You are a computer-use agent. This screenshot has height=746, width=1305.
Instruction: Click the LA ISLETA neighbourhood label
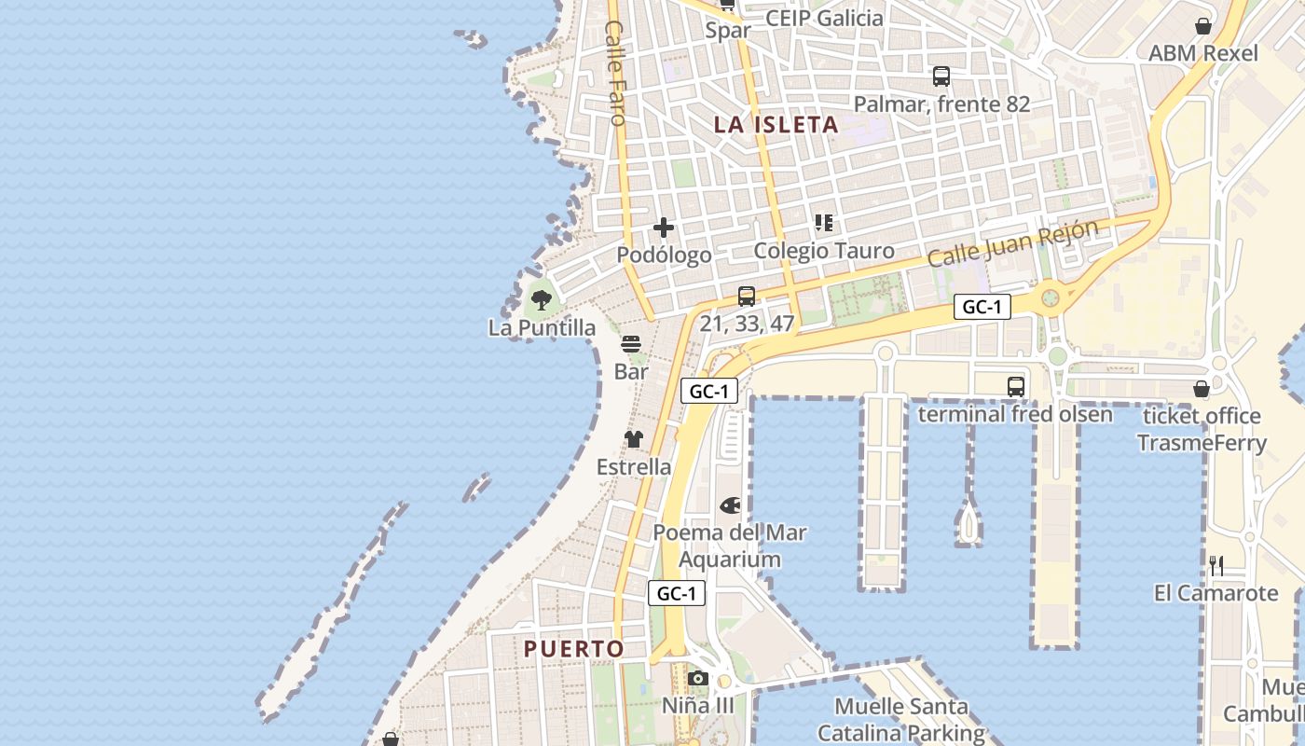tap(776, 124)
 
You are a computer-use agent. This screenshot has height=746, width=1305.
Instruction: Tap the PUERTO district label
tap(573, 648)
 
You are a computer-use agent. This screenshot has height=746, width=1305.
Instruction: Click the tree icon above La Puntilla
tap(541, 300)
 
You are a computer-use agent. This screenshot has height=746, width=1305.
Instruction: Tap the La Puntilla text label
tap(542, 327)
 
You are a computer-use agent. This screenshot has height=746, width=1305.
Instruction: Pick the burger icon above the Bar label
tap(631, 344)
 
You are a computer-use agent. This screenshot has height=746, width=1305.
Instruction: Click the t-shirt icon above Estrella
tap(634, 439)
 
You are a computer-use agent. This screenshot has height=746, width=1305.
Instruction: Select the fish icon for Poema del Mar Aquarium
tap(730, 505)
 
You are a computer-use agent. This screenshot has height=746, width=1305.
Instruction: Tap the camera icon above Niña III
tap(698, 678)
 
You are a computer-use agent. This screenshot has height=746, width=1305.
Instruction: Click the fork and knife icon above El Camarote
tap(1216, 565)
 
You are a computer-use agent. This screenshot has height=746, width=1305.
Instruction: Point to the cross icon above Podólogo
tap(664, 228)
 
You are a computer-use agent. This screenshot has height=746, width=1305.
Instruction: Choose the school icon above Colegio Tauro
tap(824, 223)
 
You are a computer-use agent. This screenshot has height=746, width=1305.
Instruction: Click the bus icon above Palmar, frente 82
tap(941, 76)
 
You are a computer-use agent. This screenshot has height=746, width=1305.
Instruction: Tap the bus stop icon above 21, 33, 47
tap(747, 297)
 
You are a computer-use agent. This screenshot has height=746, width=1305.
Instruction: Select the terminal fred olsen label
tap(1015, 413)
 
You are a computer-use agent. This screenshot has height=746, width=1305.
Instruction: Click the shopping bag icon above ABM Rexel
tap(1203, 26)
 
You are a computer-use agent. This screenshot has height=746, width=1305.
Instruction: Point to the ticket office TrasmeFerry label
tap(1202, 429)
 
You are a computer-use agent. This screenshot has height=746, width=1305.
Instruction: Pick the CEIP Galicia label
tap(824, 18)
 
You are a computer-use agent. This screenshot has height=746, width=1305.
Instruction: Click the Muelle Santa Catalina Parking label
tap(900, 719)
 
